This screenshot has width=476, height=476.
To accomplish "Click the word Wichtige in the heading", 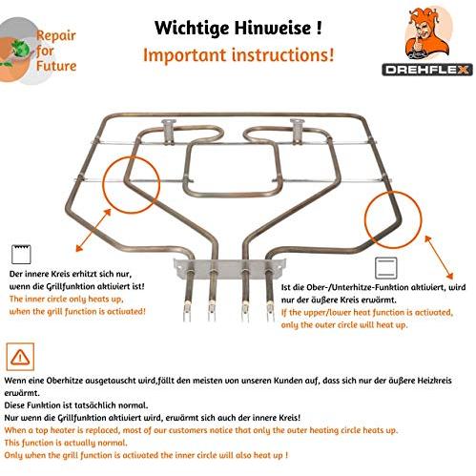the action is (x=192, y=29).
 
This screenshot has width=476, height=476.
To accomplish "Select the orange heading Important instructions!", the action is (x=238, y=55).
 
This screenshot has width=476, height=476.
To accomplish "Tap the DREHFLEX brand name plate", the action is (x=427, y=70).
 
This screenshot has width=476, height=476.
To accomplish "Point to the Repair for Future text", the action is (x=56, y=51).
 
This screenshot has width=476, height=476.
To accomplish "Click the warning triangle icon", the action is (x=20, y=357).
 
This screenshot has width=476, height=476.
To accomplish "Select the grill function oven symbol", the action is (x=21, y=255).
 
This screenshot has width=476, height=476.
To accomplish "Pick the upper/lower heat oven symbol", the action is (x=385, y=267).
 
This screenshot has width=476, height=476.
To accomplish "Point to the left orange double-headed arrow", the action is (x=93, y=230).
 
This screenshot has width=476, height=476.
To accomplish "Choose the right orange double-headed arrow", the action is (x=439, y=257).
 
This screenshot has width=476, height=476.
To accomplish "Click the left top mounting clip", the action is (x=169, y=131).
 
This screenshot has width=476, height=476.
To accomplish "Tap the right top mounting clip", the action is (x=298, y=131).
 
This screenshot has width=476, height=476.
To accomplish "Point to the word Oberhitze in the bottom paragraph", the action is (x=65, y=381).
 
